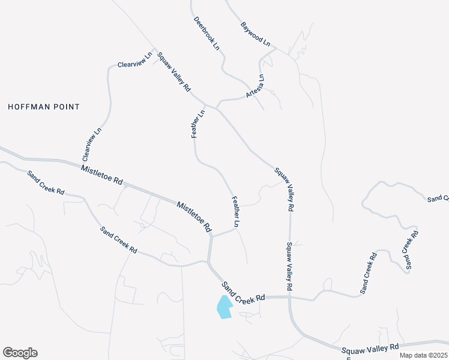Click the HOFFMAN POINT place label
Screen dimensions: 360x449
[x=44, y=107]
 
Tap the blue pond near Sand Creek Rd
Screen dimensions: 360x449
[x=224, y=307]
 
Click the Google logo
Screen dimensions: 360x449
[x=20, y=353]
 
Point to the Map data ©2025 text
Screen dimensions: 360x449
[x=424, y=355]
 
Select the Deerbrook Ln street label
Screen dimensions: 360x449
[x=206, y=33]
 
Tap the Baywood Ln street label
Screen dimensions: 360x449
[x=256, y=35]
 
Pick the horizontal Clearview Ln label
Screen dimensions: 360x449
[x=132, y=62]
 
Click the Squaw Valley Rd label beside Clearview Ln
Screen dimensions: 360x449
[x=174, y=72]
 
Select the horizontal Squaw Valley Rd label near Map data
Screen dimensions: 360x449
[x=370, y=347]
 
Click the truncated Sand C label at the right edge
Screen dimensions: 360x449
[x=438, y=198]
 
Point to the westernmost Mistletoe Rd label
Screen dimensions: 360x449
[x=101, y=174]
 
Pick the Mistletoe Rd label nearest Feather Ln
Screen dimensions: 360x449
[x=194, y=217]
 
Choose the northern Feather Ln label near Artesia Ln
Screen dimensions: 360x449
[x=197, y=124]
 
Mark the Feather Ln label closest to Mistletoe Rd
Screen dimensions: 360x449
[x=236, y=211]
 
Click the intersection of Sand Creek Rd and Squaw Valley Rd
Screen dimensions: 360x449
[x=289, y=296]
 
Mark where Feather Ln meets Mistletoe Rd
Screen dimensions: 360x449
[x=211, y=236]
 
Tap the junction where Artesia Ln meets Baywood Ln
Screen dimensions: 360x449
[x=275, y=50]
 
